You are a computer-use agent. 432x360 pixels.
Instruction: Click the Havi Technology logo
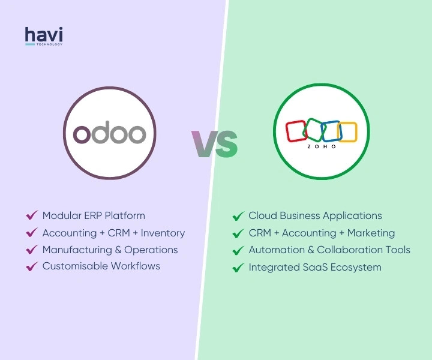pyautogui.click(x=44, y=36)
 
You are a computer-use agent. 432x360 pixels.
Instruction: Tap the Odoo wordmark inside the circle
pyautogui.click(x=109, y=133)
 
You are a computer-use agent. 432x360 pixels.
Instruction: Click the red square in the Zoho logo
pyautogui.click(x=296, y=131)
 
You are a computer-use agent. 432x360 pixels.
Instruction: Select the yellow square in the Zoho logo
pyautogui.click(x=347, y=132)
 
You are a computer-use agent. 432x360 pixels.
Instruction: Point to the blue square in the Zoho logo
pyautogui.click(x=331, y=131)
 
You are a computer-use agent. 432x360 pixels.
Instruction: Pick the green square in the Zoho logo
pyautogui.click(x=314, y=130)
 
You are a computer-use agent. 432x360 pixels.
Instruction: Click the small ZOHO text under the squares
pyautogui.click(x=322, y=146)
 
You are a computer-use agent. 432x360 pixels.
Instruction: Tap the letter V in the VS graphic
pyautogui.click(x=204, y=144)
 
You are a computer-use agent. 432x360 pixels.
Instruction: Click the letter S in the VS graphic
pyautogui.click(x=227, y=144)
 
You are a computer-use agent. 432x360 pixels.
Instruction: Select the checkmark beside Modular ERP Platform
pyautogui.click(x=32, y=215)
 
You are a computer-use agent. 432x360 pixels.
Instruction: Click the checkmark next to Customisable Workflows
pyautogui.click(x=32, y=266)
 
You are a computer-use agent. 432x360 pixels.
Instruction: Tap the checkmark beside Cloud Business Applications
pyautogui.click(x=238, y=216)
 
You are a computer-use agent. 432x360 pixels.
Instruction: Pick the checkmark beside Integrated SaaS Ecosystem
pyautogui.click(x=238, y=268)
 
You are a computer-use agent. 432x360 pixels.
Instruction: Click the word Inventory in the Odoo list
pyautogui.click(x=163, y=233)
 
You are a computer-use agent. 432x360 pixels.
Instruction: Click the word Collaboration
pyautogui.click(x=352, y=250)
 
